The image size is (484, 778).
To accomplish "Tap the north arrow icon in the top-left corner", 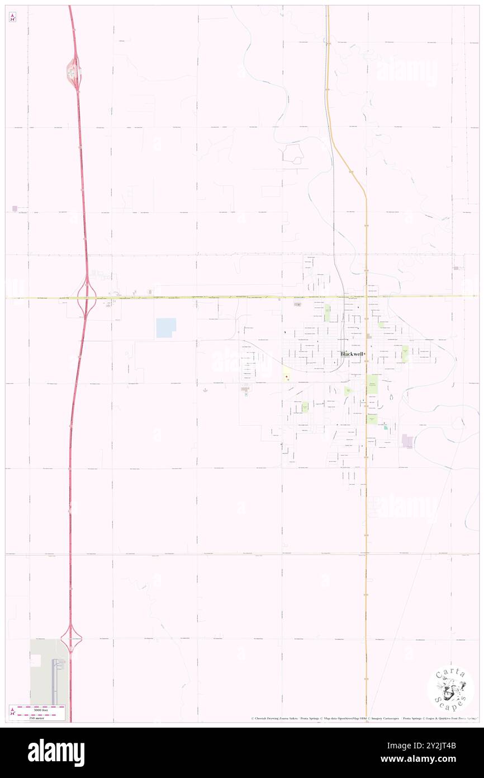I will pos(12,17).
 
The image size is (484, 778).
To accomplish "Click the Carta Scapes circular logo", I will pos(450,690).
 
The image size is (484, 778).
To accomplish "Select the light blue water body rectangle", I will pos(166,328).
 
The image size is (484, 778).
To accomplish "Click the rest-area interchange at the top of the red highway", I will pos(73,71).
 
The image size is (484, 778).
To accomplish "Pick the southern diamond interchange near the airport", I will pos(71,637).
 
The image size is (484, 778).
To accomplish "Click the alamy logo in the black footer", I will pos(56,753).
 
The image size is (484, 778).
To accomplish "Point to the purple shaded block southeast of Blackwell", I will pos(407,441).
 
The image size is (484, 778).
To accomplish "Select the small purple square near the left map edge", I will pos(15,209).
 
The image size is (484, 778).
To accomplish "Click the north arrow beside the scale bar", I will pos(12,712).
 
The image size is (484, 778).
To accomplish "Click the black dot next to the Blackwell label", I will pos(365,354).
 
